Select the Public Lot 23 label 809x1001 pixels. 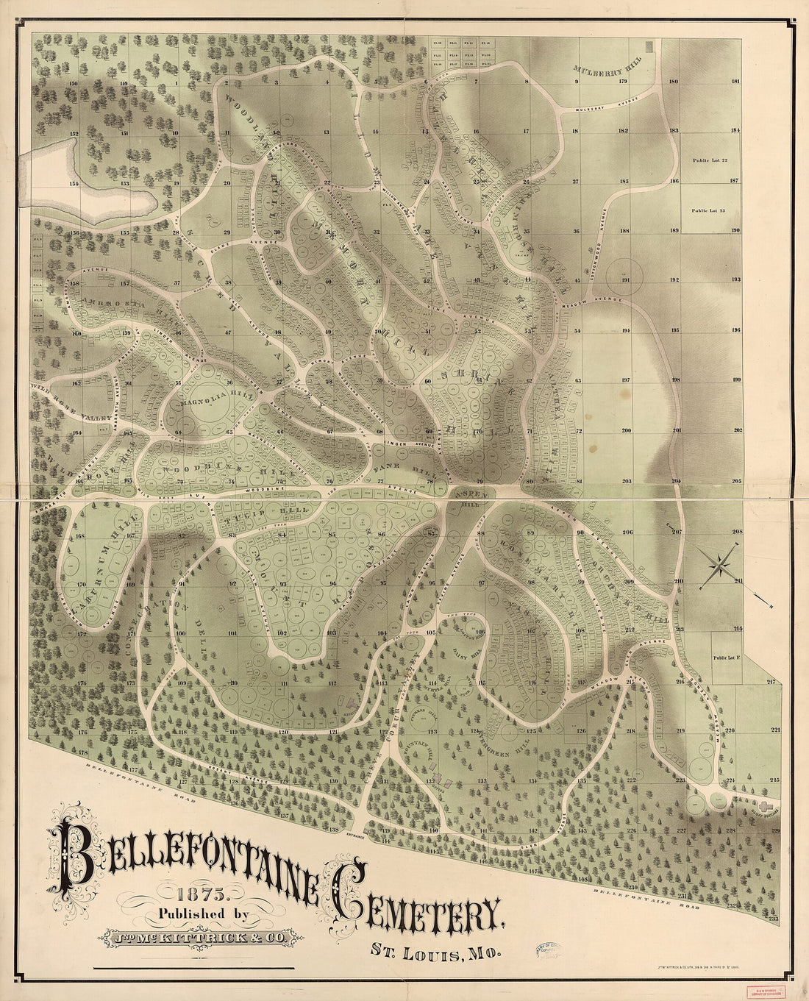pyautogui.click(x=709, y=210)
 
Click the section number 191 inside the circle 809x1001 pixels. pyautogui.click(x=625, y=280)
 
